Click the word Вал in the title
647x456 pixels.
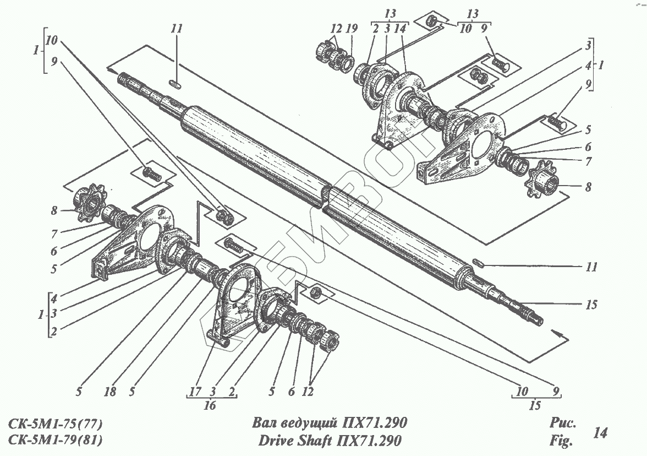point(264,423)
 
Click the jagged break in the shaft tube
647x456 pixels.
point(326,198)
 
